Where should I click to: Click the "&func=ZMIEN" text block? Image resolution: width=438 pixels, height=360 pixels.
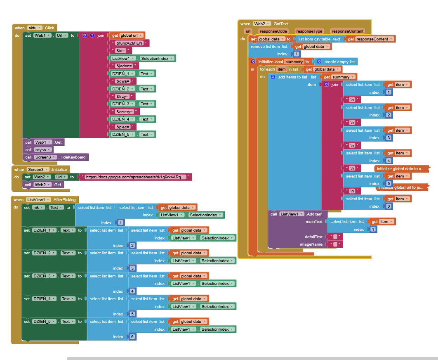pos(129,43)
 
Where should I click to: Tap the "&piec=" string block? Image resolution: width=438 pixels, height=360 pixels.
pos(123,127)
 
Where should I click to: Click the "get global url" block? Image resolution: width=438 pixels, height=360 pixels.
pos(127,36)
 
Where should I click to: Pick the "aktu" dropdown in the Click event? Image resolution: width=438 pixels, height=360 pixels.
pos(35,28)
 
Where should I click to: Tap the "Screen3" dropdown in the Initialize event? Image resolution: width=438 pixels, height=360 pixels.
pos(38,169)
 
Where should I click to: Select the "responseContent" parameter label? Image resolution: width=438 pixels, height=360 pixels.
pos(347,31)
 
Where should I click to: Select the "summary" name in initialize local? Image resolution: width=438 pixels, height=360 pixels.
pos(294,62)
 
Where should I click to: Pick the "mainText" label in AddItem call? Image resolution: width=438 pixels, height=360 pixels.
pos(313,222)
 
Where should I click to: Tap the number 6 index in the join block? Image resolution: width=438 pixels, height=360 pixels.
pos(389,206)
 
